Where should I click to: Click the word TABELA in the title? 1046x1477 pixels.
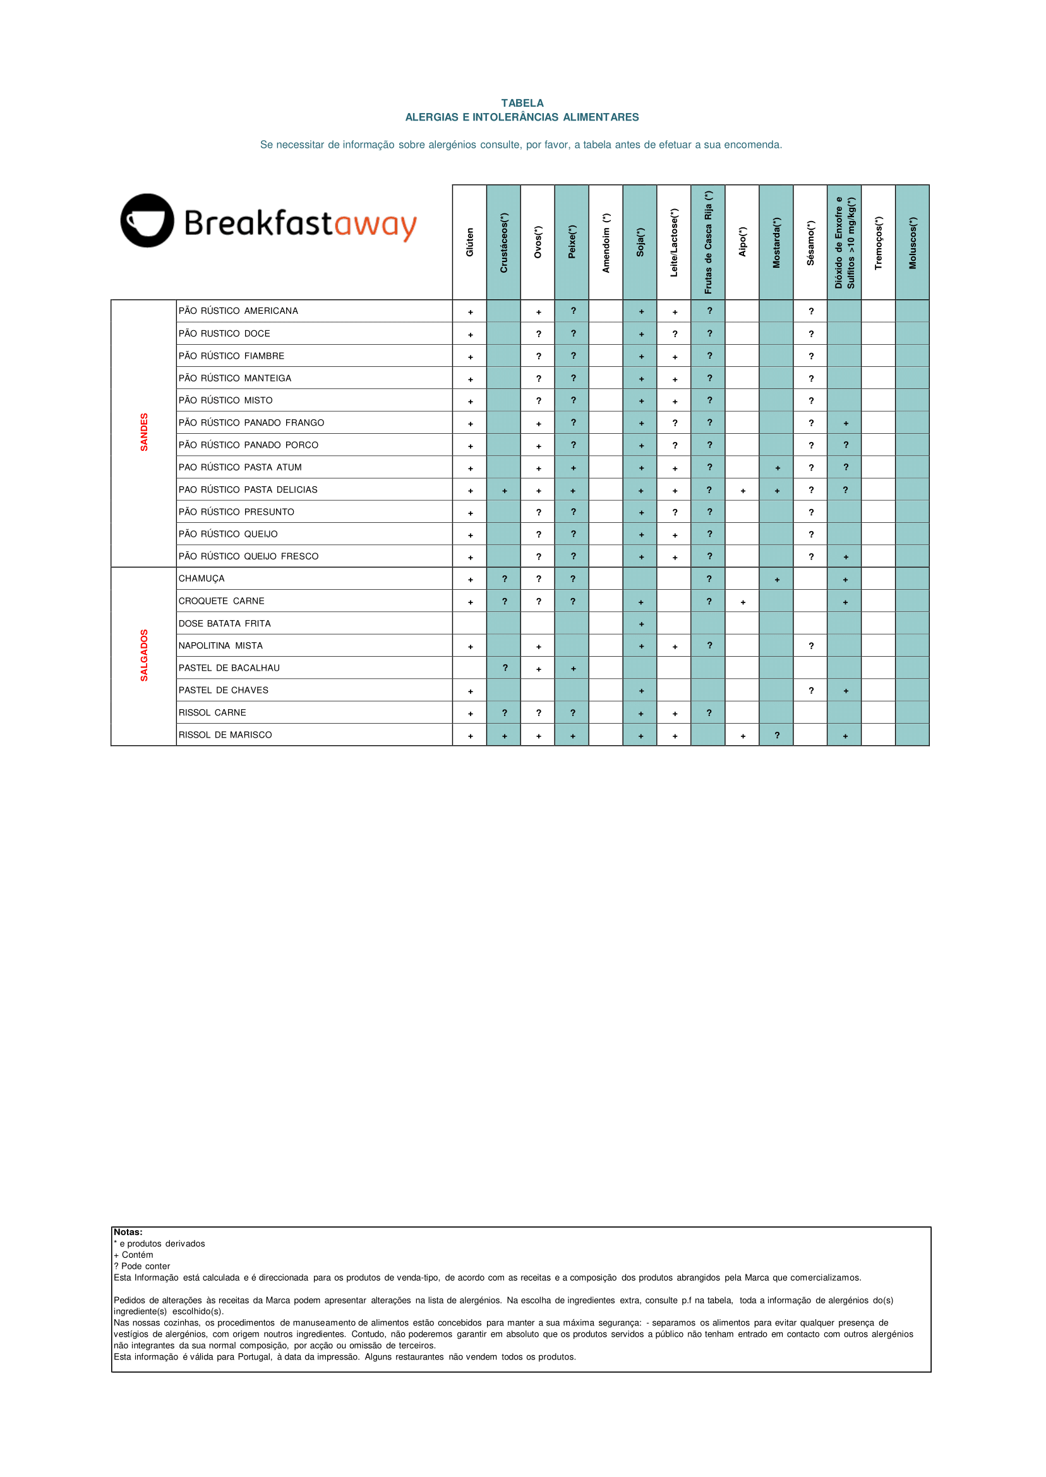pos(522,103)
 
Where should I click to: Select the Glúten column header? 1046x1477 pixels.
pos(469,242)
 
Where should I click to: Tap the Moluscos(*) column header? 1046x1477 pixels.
pos(912,242)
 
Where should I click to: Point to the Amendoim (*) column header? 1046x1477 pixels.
pos(606,242)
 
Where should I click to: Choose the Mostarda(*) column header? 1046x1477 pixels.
pos(776,242)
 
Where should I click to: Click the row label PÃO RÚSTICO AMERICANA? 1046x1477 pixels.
pos(238,311)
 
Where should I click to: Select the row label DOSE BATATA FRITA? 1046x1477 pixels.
pos(225,623)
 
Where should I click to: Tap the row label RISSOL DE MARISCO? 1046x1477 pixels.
pos(225,734)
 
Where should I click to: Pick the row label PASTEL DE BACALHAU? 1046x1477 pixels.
pos(229,667)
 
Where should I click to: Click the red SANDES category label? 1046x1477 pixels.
pos(144,432)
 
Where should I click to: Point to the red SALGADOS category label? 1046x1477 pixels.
pos(144,655)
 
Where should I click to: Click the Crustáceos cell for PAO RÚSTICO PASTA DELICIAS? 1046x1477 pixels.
pos(504,491)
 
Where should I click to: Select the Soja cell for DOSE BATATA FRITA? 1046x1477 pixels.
pos(641,624)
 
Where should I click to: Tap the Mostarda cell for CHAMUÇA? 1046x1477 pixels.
pos(777,580)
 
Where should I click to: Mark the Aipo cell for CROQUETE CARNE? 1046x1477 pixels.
pos(743,602)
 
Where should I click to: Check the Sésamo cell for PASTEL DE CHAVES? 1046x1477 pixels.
pos(811,691)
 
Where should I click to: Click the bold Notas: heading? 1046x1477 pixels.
pos(128,1232)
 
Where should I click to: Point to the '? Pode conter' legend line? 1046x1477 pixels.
pos(142,1266)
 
